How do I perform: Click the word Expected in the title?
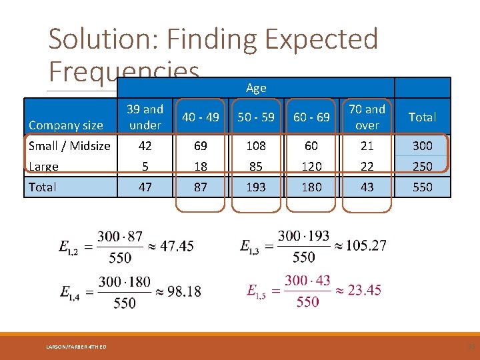(x=321, y=39)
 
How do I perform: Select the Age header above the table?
(x=256, y=87)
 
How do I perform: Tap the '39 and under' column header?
(x=145, y=117)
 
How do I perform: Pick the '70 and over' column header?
(x=367, y=117)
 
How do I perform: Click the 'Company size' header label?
(x=65, y=125)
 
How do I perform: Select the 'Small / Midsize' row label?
(x=69, y=145)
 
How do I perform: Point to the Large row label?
(x=43, y=166)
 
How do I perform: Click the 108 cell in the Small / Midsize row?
(x=256, y=145)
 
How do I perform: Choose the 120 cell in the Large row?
(x=311, y=166)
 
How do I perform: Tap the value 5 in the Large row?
(x=145, y=166)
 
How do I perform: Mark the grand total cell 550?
(x=422, y=187)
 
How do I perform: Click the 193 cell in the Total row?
(x=256, y=187)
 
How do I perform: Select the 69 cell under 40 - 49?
(x=201, y=145)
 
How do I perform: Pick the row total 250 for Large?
(x=422, y=166)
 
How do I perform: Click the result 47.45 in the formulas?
(x=177, y=246)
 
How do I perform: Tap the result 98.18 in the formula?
(x=183, y=291)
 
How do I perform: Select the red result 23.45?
(x=364, y=290)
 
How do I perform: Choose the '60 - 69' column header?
(x=311, y=117)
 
